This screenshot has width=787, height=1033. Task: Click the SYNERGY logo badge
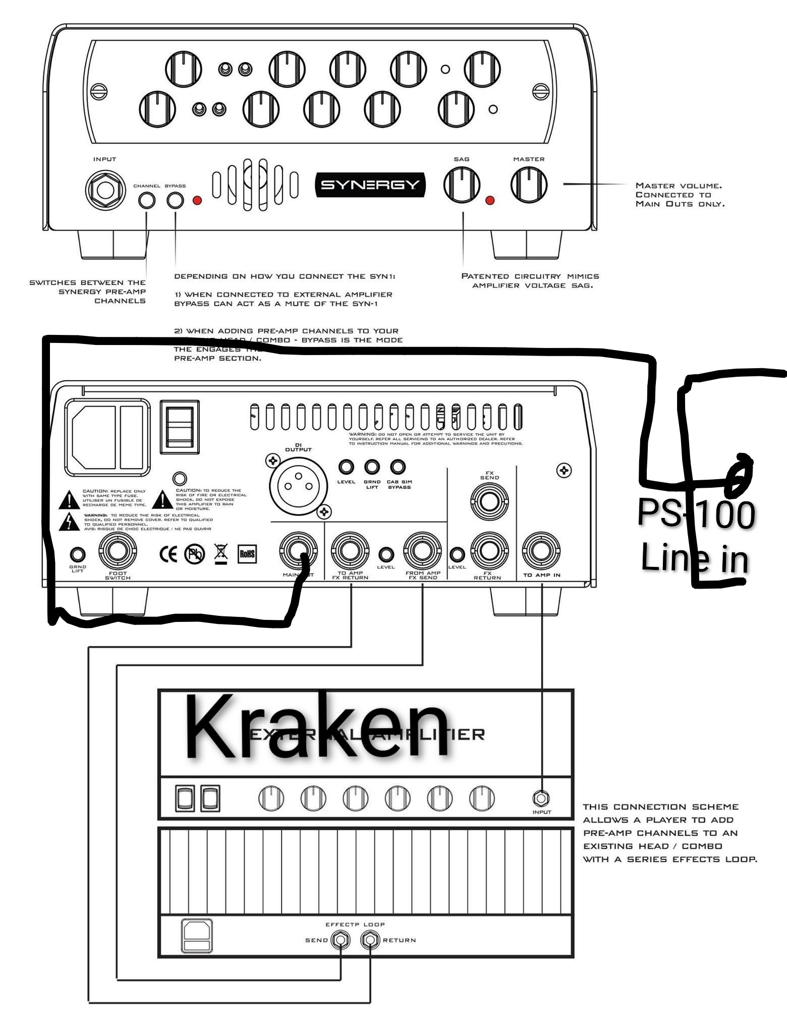[370, 185]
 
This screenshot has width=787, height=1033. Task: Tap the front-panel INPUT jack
[105, 190]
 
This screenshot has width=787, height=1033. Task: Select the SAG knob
[462, 185]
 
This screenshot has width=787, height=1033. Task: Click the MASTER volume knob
[529, 185]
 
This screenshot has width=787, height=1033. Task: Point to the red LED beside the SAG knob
[489, 201]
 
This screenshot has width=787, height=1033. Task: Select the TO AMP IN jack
[541, 550]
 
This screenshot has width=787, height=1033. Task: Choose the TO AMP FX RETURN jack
[350, 551]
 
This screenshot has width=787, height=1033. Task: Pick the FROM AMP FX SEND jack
[422, 551]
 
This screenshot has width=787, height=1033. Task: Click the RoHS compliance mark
[247, 554]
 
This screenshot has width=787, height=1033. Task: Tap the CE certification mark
[168, 554]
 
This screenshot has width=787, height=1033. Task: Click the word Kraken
[317, 727]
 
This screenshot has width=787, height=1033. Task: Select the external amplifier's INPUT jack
[541, 798]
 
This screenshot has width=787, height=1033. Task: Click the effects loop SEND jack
[341, 940]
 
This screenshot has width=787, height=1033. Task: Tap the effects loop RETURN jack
[370, 940]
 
